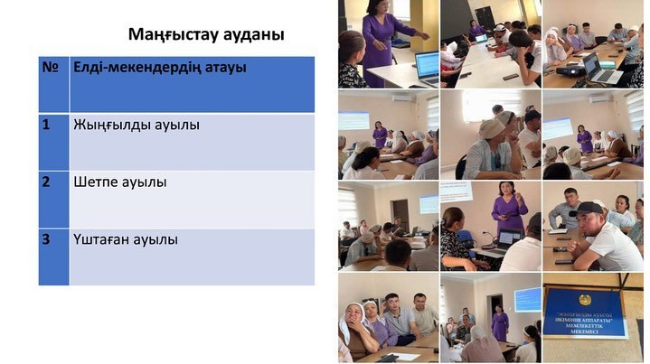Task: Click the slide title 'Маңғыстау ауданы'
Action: point(206,35)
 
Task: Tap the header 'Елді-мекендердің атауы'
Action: point(160,67)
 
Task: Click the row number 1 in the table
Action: point(46,125)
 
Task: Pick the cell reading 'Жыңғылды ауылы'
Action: point(136,125)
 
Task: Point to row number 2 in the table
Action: point(46,182)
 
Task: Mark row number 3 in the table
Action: point(46,239)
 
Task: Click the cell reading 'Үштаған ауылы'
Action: point(126,239)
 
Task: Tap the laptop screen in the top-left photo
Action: point(427,64)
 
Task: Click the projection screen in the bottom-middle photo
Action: point(528,298)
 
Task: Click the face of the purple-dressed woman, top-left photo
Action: point(372,8)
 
